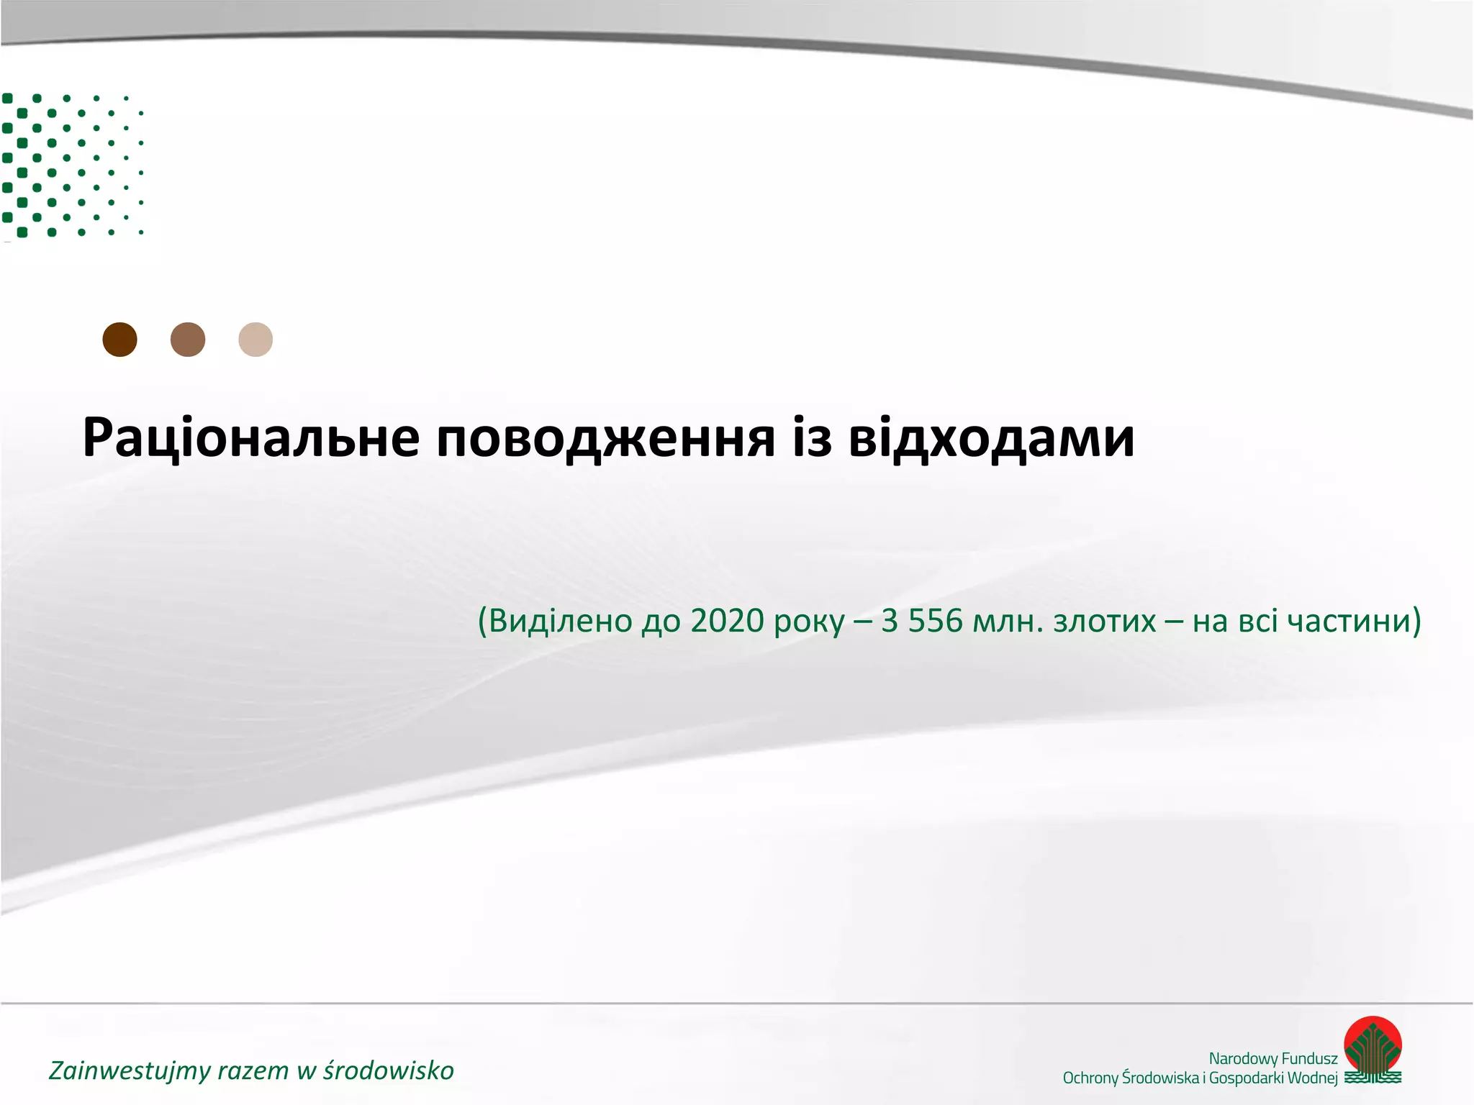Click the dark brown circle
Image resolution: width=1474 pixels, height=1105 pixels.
tap(119, 340)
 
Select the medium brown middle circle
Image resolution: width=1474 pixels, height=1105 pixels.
tap(188, 340)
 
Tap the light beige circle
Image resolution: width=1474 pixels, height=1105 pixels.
tap(256, 340)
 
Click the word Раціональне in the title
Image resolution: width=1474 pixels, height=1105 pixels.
tap(251, 437)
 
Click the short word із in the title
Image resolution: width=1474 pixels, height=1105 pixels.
tap(812, 437)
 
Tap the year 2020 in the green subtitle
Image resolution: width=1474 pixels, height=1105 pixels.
tap(727, 621)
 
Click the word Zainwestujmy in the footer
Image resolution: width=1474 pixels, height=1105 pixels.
tap(129, 1070)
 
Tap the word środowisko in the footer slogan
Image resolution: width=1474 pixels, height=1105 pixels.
tap(388, 1070)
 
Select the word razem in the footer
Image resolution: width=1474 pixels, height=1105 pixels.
tap(253, 1070)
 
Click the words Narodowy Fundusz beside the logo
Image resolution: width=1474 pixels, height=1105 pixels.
tap(1272, 1058)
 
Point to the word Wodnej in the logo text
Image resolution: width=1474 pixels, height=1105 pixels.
tap(1314, 1078)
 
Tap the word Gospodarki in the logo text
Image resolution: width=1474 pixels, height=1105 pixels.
tap(1247, 1078)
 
